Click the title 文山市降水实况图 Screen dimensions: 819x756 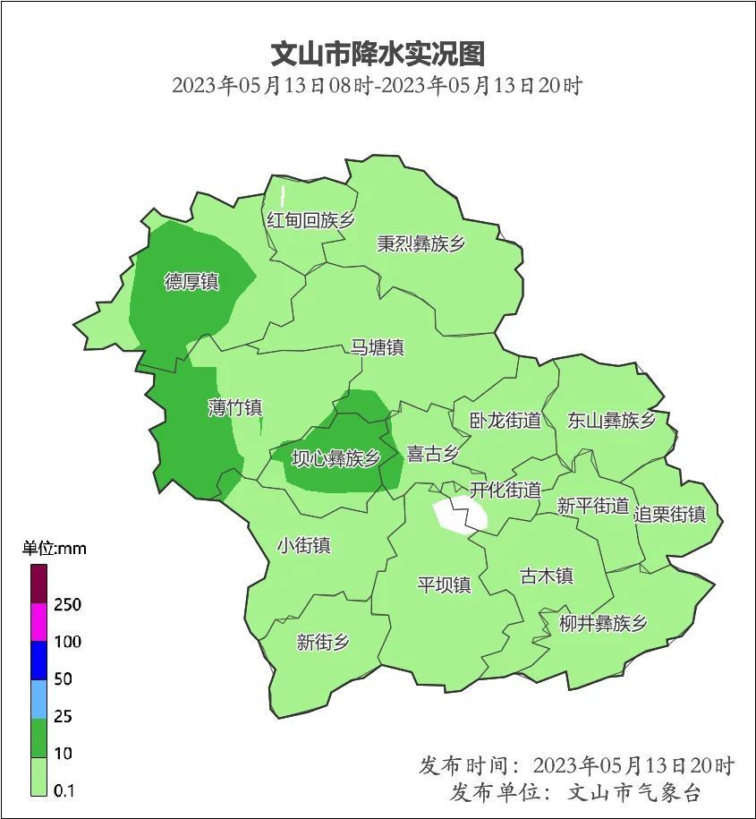(x=378, y=53)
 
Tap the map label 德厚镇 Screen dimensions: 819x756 (x=191, y=282)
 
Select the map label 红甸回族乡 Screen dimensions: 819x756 (x=310, y=220)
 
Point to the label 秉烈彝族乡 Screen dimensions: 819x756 (x=420, y=243)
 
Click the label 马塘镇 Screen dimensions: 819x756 (x=377, y=347)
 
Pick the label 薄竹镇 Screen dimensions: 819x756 (x=234, y=408)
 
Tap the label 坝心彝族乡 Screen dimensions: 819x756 (x=336, y=458)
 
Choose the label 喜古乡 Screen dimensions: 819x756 (x=433, y=454)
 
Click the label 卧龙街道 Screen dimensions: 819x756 (x=505, y=420)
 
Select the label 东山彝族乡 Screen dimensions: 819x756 (x=611, y=421)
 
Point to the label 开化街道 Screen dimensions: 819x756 (x=505, y=490)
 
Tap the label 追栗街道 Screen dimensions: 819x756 (x=669, y=514)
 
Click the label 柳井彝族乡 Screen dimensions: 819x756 (x=602, y=624)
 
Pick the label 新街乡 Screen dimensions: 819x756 (x=323, y=642)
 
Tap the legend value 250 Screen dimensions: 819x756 (x=67, y=605)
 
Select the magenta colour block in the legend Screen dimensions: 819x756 (x=38, y=623)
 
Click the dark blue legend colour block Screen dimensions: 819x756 (x=38, y=661)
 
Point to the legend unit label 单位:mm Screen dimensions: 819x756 (x=54, y=549)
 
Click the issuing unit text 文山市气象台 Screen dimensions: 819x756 (x=635, y=792)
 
